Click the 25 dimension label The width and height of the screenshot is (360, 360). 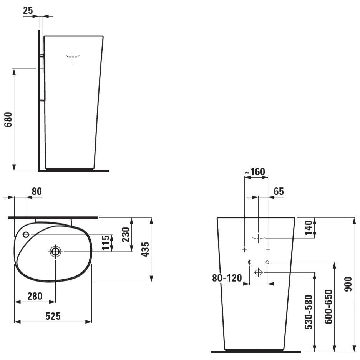point(28,10)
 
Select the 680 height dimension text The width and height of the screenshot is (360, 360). point(8,119)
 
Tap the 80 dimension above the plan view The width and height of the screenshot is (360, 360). point(37,191)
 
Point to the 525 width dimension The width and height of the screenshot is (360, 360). point(53,316)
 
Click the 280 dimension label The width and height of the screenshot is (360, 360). point(35,296)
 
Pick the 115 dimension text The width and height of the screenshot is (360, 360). point(106,243)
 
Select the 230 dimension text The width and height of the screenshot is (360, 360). point(126,234)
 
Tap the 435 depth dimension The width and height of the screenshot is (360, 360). point(145,249)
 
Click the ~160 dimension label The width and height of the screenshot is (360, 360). point(255,171)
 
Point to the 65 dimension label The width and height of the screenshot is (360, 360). point(279,191)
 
